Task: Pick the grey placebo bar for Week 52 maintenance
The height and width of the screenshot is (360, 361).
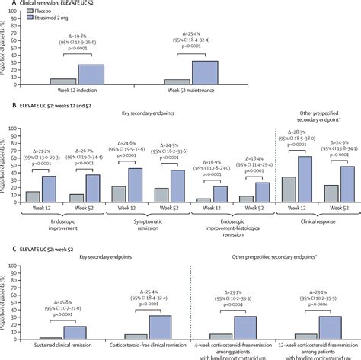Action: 177,81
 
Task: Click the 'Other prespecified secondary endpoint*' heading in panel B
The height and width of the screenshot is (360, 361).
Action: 318,116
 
